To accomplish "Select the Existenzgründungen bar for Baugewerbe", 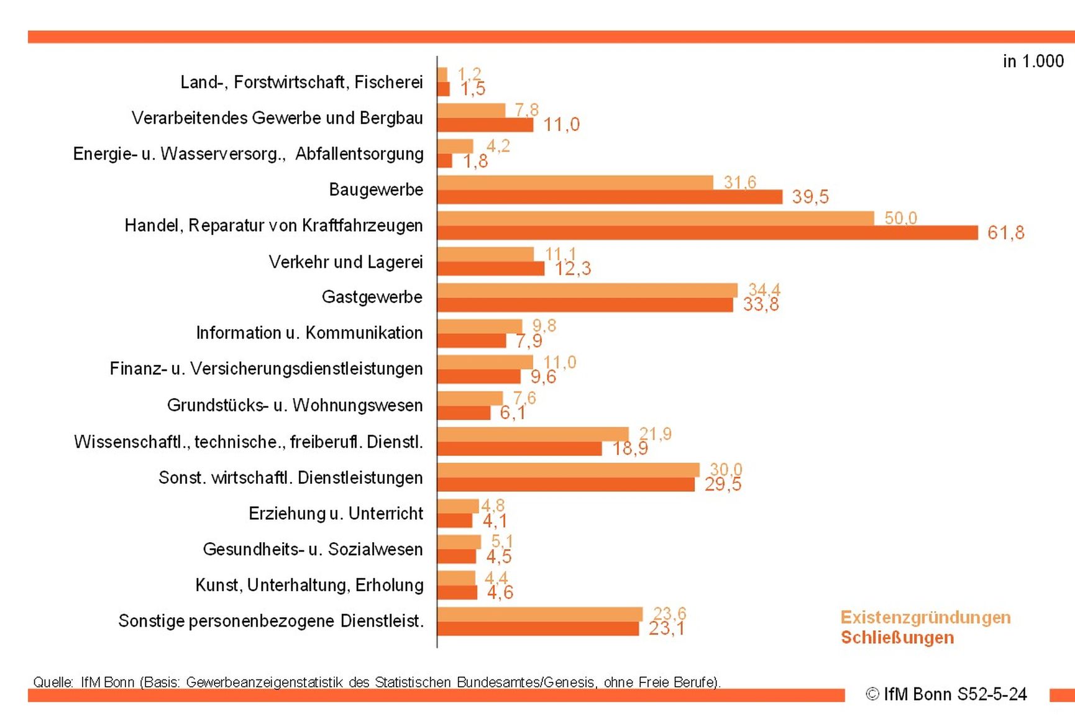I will click(575, 183).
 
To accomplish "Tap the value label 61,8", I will click(1005, 233).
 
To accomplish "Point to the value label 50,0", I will click(900, 218).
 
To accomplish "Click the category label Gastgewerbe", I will click(372, 297).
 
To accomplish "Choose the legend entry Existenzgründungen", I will click(925, 617).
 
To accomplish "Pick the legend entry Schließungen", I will click(897, 638).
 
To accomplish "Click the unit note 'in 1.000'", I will click(1033, 61).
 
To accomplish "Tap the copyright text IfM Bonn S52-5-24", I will click(946, 694).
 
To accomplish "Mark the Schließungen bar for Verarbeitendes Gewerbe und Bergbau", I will click(485, 125).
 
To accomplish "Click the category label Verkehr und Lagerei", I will click(345, 262).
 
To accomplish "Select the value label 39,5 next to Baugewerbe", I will click(810, 197).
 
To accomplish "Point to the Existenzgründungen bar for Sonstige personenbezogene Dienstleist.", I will click(539, 614).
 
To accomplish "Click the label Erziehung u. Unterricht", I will click(336, 514).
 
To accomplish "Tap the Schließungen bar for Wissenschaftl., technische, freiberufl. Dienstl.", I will click(519, 448).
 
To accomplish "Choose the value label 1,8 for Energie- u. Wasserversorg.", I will click(475, 161).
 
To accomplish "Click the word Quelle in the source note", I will click(53, 682).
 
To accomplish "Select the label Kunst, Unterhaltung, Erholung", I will click(309, 585).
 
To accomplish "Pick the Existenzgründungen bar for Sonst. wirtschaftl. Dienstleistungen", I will click(568, 470).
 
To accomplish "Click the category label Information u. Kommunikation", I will click(309, 333).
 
